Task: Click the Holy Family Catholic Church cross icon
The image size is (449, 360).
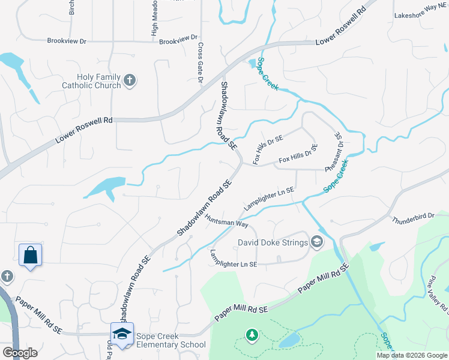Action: pyautogui.click(x=129, y=80)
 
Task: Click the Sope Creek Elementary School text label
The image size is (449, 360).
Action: pyautogui.click(x=170, y=340)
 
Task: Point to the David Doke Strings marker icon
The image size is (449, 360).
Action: pyautogui.click(x=316, y=242)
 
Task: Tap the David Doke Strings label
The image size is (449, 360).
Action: pyautogui.click(x=273, y=243)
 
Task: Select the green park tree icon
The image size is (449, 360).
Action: pyautogui.click(x=253, y=334)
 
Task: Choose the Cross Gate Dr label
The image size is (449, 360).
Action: pyautogui.click(x=200, y=59)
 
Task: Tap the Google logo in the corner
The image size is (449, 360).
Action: pyautogui.click(x=20, y=352)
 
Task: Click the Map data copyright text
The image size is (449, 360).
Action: pyautogui.click(x=412, y=355)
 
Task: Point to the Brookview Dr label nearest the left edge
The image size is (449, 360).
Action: pyautogui.click(x=67, y=41)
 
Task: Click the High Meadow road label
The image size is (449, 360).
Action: pyautogui.click(x=154, y=24)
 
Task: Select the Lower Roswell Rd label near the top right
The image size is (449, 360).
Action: pyautogui.click(x=341, y=27)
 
